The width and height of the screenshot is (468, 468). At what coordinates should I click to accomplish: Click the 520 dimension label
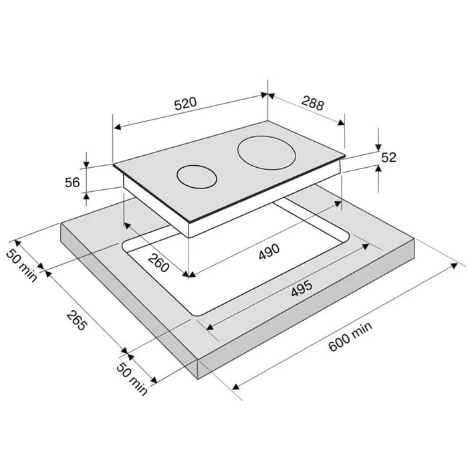pyautogui.click(x=185, y=103)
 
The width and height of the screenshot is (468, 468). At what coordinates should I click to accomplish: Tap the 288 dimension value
pyautogui.click(x=312, y=103)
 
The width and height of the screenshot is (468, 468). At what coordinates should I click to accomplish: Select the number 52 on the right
pyautogui.click(x=388, y=157)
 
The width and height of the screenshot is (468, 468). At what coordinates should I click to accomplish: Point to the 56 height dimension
pyautogui.click(x=72, y=183)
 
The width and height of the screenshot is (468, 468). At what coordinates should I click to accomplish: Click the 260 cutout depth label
pyautogui.click(x=158, y=262)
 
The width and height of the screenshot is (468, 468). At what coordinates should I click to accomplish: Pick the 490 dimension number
pyautogui.click(x=269, y=251)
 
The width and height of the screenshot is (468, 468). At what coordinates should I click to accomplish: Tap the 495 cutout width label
pyautogui.click(x=302, y=288)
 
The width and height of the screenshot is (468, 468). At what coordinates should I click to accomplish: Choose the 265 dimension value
pyautogui.click(x=77, y=320)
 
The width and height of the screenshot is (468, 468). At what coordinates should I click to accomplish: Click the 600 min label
pyautogui.click(x=350, y=336)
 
